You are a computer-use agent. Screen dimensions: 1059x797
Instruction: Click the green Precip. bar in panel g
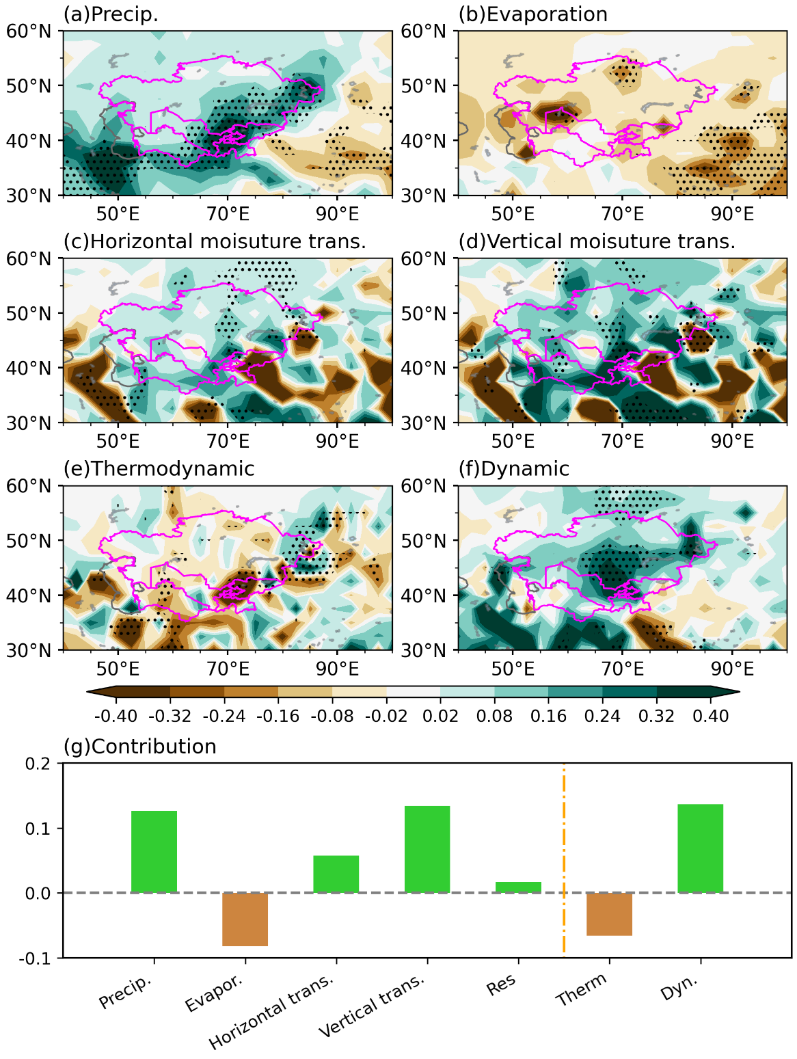coord(154,851)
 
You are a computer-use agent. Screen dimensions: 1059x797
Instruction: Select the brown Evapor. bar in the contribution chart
coord(245,920)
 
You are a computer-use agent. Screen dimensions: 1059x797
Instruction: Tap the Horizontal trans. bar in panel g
coord(336,874)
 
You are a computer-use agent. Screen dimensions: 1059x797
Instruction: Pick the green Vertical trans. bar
coord(427,849)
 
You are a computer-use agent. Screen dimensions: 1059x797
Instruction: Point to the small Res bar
coord(518,887)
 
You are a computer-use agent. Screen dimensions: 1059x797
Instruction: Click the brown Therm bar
coord(609,914)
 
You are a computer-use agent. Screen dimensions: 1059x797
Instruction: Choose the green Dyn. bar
coord(700,848)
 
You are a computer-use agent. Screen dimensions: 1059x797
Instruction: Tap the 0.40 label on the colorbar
coord(710,716)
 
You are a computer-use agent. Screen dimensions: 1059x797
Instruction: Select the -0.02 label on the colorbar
coord(386,716)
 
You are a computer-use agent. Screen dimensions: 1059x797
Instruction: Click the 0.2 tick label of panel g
coord(40,764)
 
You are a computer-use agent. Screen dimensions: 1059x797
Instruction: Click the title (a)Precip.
coord(111,14)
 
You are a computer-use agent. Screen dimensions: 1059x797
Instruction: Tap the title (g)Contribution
coord(139,747)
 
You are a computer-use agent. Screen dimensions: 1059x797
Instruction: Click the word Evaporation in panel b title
coord(547,14)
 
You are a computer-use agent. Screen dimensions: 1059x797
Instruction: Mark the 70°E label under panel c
coord(228,441)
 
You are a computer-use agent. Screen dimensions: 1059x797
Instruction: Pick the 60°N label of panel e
coord(29,486)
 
